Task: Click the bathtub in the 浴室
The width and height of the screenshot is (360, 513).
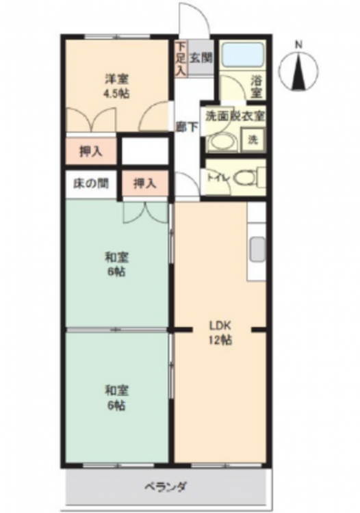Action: pos(242,54)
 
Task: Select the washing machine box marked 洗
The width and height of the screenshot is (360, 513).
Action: pos(252,140)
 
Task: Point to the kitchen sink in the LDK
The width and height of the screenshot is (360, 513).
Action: pos(257,249)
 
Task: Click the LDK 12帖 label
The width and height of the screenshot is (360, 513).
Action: pos(220,332)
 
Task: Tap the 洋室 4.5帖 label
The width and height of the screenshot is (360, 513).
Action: pos(116,86)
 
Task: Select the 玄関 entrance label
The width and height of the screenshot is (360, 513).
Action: pos(201,57)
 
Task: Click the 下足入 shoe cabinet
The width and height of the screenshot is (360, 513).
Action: pos(181,59)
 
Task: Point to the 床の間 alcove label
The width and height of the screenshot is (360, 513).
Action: pos(90,183)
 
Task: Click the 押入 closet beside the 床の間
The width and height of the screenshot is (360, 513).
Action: pos(144,183)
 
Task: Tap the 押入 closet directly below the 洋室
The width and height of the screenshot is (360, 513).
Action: pos(91,151)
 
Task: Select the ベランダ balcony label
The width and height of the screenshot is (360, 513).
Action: pos(166,486)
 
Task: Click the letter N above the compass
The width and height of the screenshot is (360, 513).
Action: pos(298,45)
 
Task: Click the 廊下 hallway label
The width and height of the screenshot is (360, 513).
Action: pos(187,127)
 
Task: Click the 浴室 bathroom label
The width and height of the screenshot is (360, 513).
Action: pos(257,86)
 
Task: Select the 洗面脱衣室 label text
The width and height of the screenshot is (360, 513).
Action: pos(235,116)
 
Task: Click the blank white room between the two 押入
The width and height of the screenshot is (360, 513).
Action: pos(145,151)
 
